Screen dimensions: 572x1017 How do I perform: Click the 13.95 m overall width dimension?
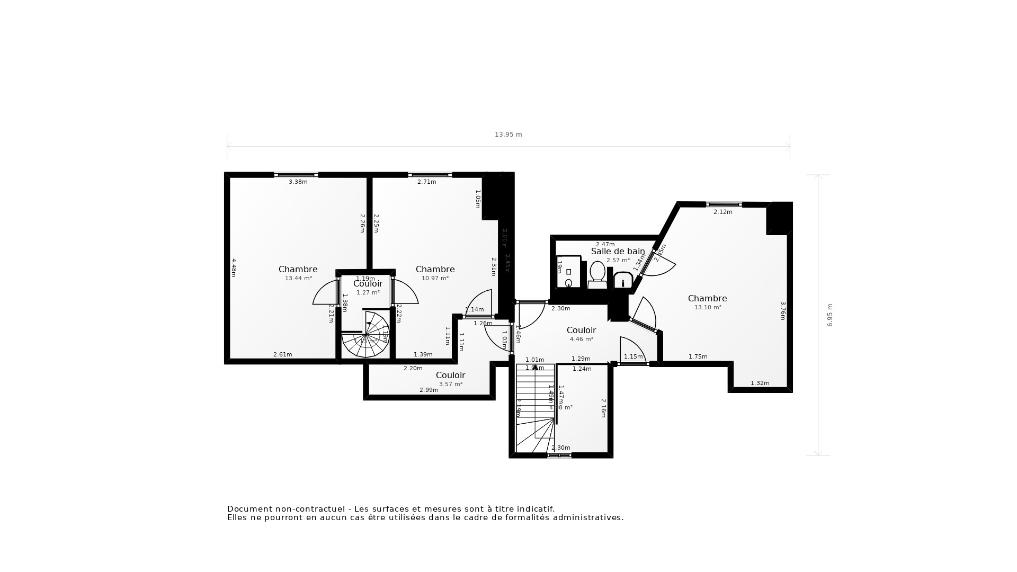coord(508,135)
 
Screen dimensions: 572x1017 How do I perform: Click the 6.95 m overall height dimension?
coord(830,315)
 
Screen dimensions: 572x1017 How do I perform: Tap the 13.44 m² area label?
coord(298,278)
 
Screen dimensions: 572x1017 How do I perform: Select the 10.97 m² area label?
coord(435,278)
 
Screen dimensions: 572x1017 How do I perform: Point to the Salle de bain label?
coord(618,252)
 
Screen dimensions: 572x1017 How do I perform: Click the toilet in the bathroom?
coord(597,274)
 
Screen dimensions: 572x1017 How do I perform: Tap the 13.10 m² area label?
coord(708,307)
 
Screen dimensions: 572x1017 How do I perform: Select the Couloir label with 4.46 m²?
coord(581,330)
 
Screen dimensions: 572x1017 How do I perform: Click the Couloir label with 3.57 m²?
coord(450,375)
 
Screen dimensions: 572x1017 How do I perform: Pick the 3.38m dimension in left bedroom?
coord(298,182)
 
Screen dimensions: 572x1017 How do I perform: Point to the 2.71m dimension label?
coord(426,182)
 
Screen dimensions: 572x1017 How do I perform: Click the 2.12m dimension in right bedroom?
coord(722,212)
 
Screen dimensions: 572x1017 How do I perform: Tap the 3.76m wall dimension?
coord(783,311)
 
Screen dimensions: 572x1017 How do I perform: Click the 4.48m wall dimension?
coord(234,267)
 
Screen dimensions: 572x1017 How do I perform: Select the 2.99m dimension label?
coord(429,390)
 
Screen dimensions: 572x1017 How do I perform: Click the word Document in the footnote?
coord(248,509)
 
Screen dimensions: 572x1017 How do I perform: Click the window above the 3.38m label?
coord(296,174)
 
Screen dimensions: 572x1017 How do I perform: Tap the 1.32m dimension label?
coord(760,383)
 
